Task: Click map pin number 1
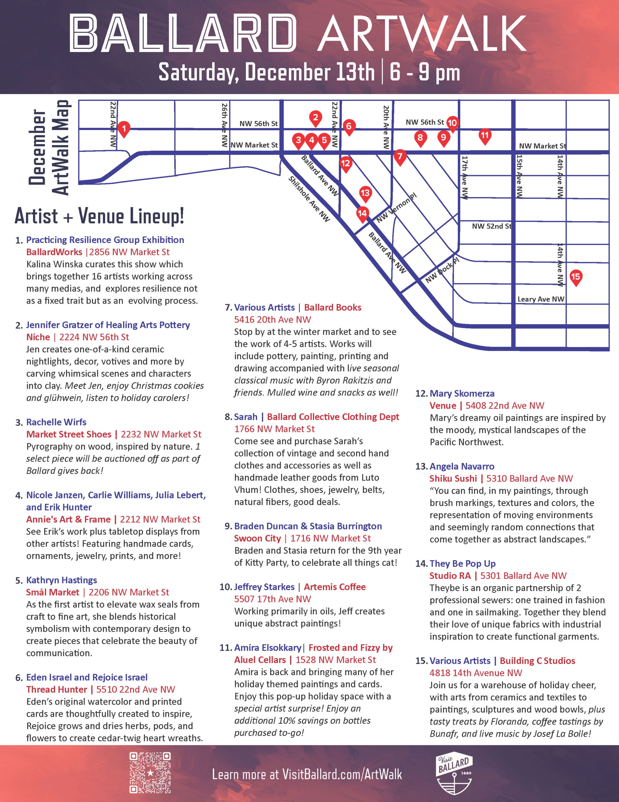click(124, 129)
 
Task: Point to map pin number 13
click(365, 194)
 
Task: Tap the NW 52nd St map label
click(491, 226)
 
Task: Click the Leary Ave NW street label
click(540, 299)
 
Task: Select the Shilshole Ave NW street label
click(309, 199)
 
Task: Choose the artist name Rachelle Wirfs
click(56, 422)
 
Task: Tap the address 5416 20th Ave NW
click(272, 320)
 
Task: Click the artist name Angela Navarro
click(462, 467)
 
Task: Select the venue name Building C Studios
click(537, 661)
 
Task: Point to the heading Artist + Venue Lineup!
click(99, 216)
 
